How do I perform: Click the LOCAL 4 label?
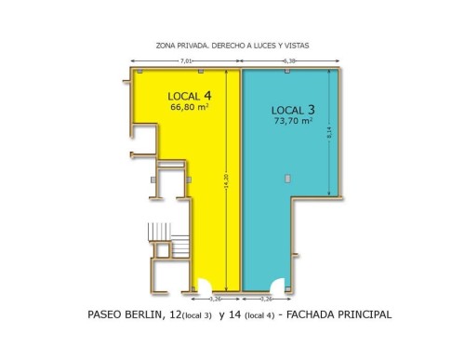tap(190, 96)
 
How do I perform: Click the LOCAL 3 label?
tap(293, 110)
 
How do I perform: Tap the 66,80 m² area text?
tap(189, 107)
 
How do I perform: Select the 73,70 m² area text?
tap(293, 121)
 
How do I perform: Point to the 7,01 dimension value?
tap(186, 61)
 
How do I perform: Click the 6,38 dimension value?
tap(289, 61)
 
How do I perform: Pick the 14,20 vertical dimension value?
tap(226, 180)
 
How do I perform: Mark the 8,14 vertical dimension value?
tap(329, 133)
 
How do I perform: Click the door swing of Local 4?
tap(205, 286)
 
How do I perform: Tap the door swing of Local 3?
tap(277, 286)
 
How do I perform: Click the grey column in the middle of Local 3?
tap(287, 179)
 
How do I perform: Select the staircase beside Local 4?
tap(169, 240)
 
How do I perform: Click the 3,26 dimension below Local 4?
tap(215, 300)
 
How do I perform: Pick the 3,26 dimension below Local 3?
tap(266, 300)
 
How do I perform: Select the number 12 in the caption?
tap(176, 314)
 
